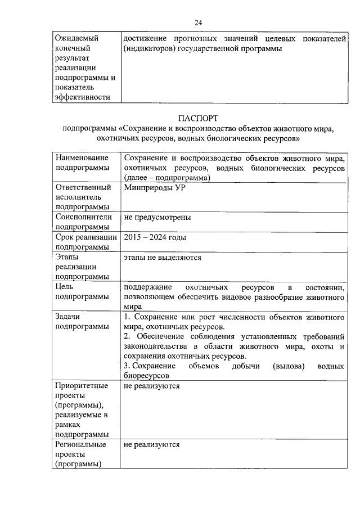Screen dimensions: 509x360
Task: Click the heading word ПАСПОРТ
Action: [197, 118]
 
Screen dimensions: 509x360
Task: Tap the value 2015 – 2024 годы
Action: [155, 237]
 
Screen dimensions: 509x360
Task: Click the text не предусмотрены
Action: [157, 217]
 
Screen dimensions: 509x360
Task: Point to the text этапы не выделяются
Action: [162, 258]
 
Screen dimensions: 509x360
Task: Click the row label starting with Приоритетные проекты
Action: [82, 411]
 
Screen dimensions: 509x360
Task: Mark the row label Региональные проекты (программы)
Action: [81, 454]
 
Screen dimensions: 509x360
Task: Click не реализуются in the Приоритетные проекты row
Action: [152, 387]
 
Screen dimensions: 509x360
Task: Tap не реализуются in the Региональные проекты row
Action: [152, 444]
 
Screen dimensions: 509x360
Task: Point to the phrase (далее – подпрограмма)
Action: [167, 178]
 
